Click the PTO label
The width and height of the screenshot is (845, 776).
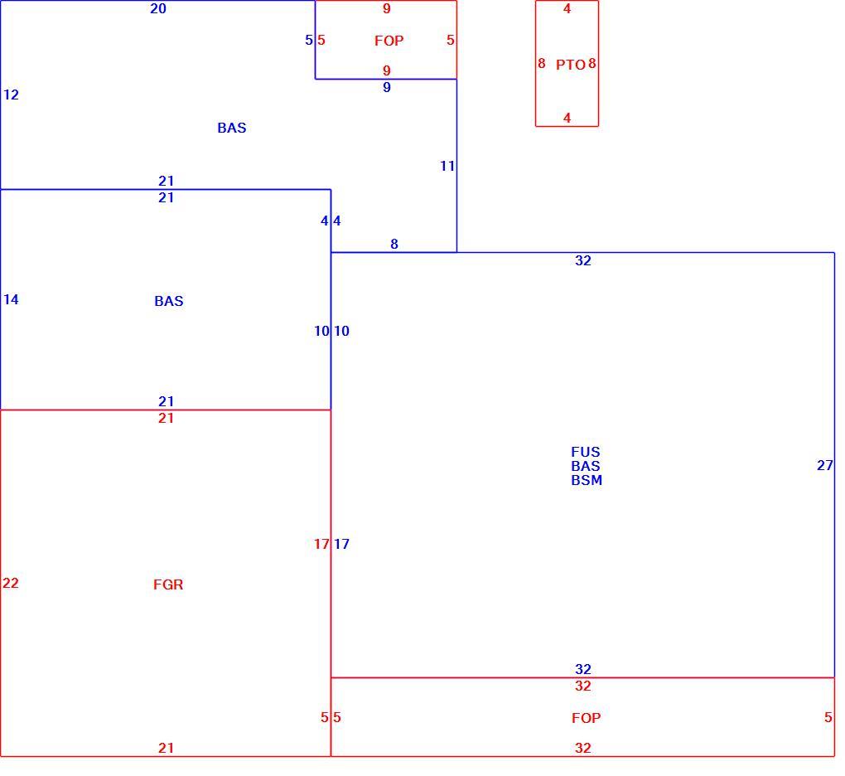pos(570,65)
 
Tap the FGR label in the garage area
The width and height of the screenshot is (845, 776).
pos(168,584)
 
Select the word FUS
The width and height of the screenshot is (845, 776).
pos(585,452)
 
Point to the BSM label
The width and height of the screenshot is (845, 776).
pos(587,480)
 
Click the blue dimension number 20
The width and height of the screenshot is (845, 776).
pos(158,8)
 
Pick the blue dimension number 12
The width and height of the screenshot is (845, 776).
pos(11,95)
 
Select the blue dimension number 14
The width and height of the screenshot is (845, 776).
pos(11,300)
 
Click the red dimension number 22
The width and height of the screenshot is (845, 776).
pos(10,583)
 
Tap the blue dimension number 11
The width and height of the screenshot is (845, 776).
pos(447,166)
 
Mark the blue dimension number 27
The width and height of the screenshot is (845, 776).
pos(825,465)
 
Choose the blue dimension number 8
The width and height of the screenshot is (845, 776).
pos(394,245)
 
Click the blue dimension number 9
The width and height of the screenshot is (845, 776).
pos(387,87)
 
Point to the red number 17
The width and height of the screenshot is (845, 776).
pos(321,544)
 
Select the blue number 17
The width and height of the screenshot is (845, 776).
pos(341,544)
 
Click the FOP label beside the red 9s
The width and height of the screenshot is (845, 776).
pos(389,41)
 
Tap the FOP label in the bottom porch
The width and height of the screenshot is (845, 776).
pos(587,718)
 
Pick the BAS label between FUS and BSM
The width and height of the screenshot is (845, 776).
pos(585,466)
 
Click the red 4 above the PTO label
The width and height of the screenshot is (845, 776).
pos(567,8)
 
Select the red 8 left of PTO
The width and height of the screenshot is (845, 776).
pos(542,64)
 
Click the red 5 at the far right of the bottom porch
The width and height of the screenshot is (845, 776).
pos(828,718)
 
